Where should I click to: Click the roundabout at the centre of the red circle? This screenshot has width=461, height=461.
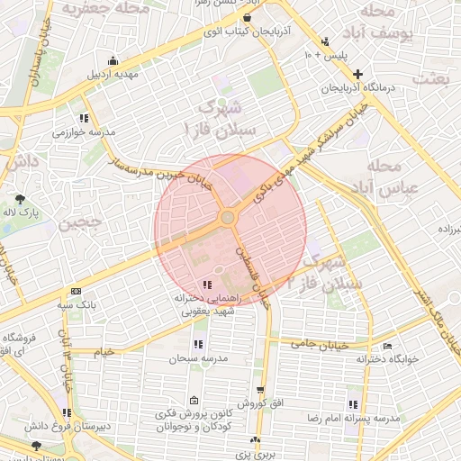pyautogui.click(x=228, y=218)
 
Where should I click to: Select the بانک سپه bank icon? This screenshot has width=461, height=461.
pyautogui.click(x=75, y=291)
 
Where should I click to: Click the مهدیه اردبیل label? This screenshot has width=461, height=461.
pyautogui.click(x=113, y=74)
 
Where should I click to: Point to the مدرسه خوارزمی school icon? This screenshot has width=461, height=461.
pyautogui.click(x=84, y=118)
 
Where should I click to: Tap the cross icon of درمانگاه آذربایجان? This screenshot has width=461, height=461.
pyautogui.click(x=358, y=74)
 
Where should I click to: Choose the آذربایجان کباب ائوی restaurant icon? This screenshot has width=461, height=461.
pyautogui.click(x=247, y=17)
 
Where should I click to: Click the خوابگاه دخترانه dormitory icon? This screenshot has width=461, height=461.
pyautogui.click(x=387, y=347)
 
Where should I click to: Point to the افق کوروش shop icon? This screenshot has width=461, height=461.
pyautogui.click(x=260, y=390)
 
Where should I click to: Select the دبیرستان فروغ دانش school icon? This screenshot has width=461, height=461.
pyautogui.click(x=67, y=412)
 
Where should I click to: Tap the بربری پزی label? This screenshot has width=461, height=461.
pyautogui.click(x=256, y=456)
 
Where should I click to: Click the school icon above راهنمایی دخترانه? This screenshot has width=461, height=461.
pyautogui.click(x=208, y=285)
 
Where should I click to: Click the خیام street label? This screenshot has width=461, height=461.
pyautogui.click(x=104, y=349)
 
